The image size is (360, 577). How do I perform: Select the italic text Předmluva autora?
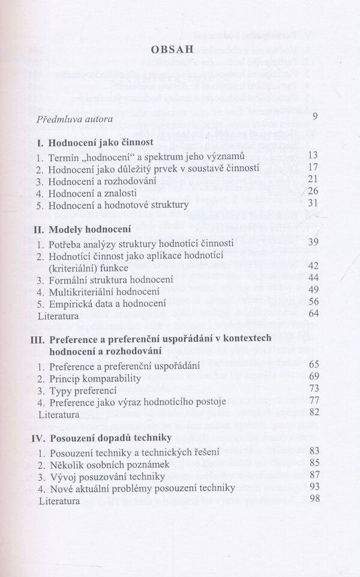[x=74, y=120]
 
